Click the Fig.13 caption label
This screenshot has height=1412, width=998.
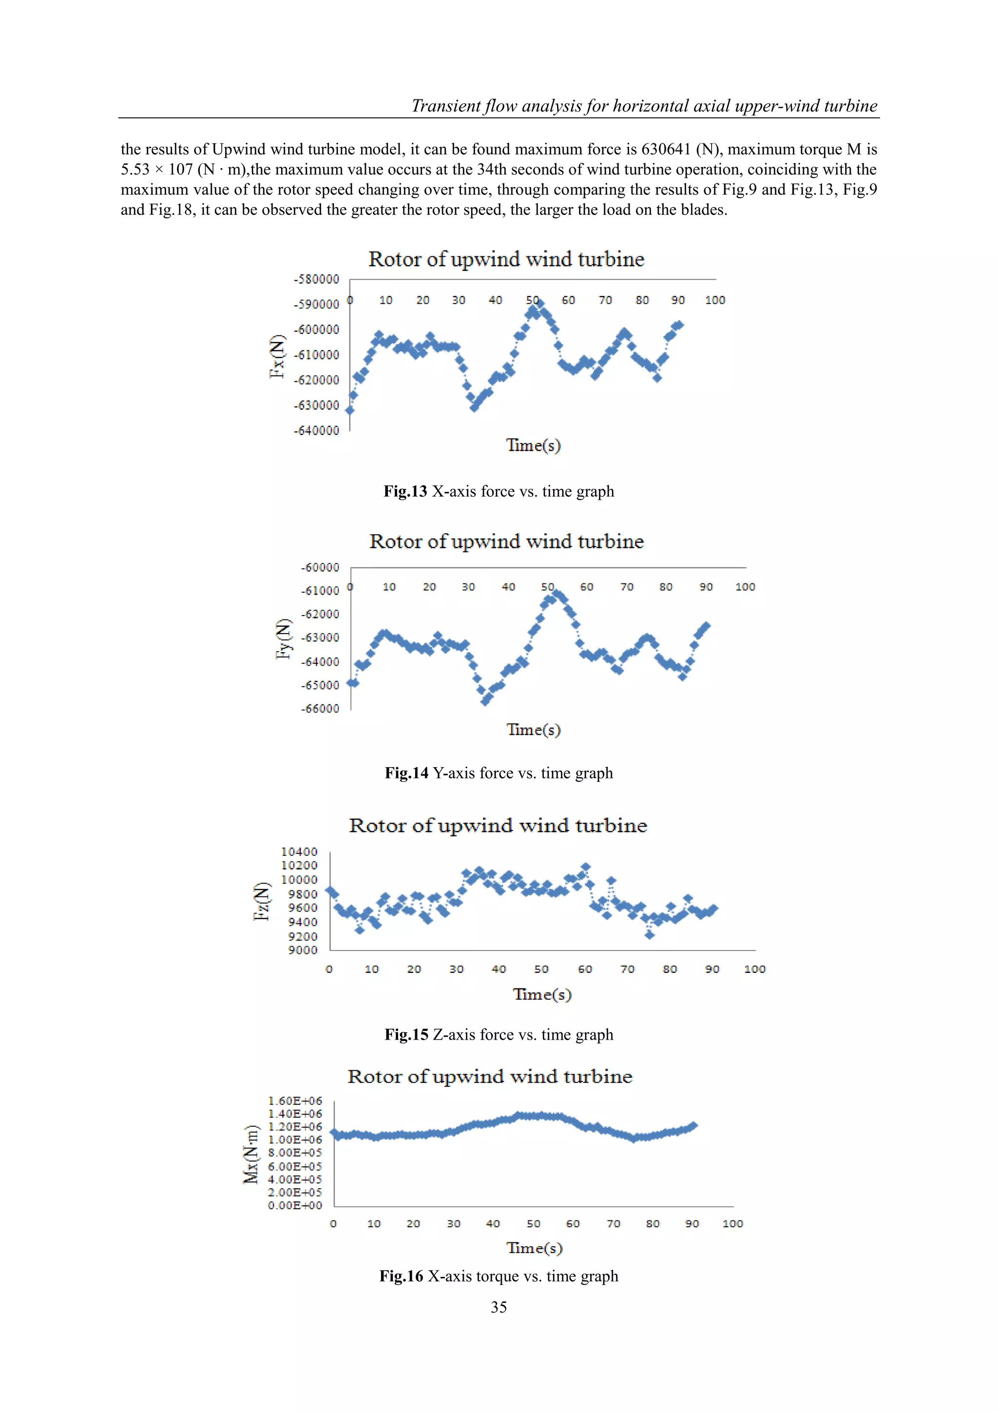point(405,491)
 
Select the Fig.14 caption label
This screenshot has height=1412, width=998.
point(406,773)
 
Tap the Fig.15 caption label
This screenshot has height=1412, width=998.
point(406,1034)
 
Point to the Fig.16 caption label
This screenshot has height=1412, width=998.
point(401,1276)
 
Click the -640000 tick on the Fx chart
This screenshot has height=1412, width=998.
point(316,430)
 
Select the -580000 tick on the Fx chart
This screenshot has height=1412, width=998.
point(316,279)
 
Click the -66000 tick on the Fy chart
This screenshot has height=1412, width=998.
point(320,709)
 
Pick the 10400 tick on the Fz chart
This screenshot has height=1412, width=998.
point(300,852)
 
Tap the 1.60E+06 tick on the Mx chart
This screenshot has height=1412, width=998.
point(295,1101)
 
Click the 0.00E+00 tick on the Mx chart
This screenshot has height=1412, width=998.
point(295,1205)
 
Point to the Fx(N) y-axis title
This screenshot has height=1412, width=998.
point(278,357)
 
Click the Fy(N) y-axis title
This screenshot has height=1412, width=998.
point(283,639)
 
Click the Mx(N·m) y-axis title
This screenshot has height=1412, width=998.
point(251,1154)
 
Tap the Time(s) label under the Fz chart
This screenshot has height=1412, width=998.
point(542,994)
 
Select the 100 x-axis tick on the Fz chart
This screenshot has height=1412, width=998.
point(754,969)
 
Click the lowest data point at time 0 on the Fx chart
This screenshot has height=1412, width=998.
point(349,410)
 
